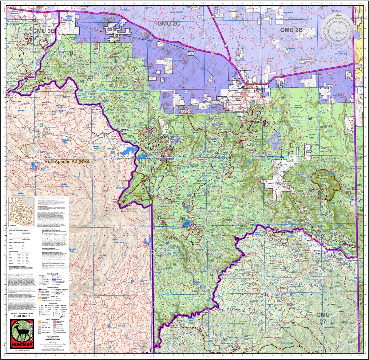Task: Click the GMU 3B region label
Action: pos(44,31)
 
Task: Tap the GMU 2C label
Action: pos(168,23)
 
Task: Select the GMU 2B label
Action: pos(291,30)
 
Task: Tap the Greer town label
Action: pos(169,156)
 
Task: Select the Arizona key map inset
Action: pos(21,211)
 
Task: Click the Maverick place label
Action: pos(121,326)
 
